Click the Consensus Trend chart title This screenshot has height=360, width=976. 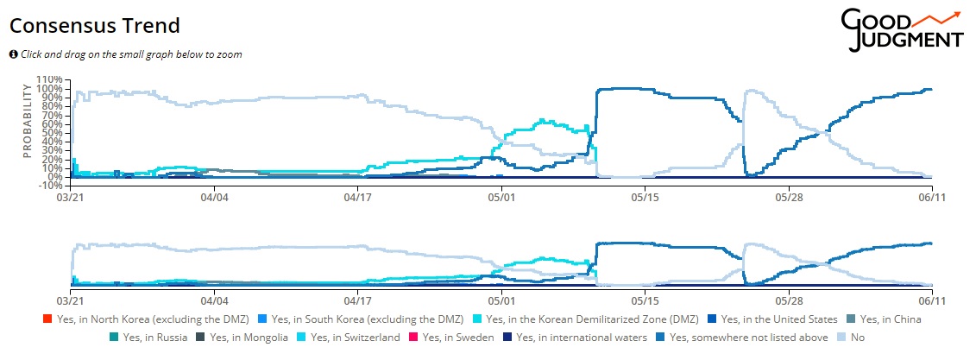94,25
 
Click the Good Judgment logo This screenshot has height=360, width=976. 902,30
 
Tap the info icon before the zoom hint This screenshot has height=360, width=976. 14,54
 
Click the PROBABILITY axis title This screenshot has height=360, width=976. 27,120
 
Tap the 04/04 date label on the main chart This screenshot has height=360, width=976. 214,197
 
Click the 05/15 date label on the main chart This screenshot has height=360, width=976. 645,197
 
